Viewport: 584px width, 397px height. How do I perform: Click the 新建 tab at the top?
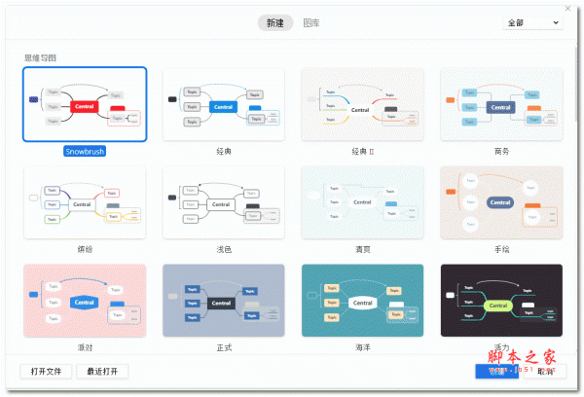click(275, 22)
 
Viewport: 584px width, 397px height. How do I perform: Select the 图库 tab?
click(311, 22)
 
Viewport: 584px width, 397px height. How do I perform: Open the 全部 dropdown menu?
click(532, 22)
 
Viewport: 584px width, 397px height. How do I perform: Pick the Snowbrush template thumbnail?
click(85, 104)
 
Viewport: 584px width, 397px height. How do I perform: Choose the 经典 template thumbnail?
click(223, 104)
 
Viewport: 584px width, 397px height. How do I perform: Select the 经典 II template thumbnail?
click(362, 104)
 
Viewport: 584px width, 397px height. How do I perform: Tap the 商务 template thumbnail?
click(501, 104)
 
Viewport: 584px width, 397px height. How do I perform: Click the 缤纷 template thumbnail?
click(85, 202)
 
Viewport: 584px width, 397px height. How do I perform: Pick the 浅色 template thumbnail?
click(223, 202)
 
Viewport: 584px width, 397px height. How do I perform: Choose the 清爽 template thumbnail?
click(362, 202)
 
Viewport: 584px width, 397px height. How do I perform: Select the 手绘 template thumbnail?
click(501, 202)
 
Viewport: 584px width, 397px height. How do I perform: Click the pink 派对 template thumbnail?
click(85, 301)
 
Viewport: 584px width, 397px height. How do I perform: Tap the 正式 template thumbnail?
click(223, 301)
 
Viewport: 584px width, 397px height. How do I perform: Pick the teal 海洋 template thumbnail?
click(362, 301)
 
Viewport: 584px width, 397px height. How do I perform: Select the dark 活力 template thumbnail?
click(501, 301)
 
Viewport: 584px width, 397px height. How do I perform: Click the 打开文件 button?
click(47, 371)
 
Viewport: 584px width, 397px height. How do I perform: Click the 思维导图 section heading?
click(42, 57)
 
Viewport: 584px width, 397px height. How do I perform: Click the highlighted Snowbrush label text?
click(85, 152)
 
